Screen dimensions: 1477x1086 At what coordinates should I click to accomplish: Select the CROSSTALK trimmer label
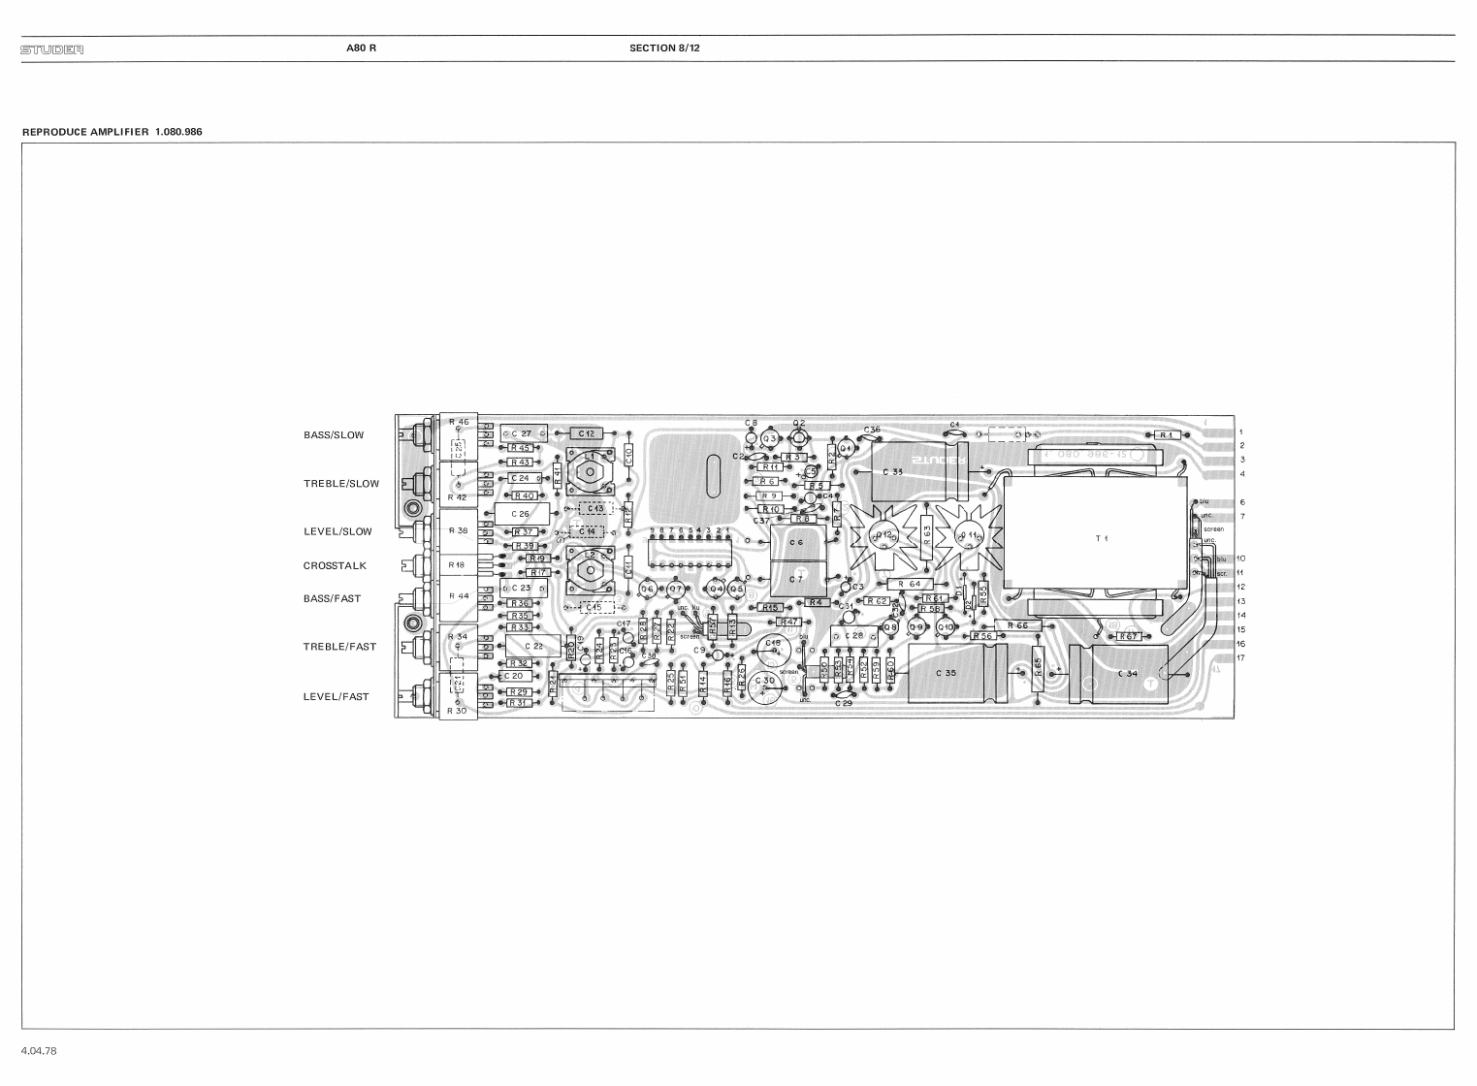point(335,565)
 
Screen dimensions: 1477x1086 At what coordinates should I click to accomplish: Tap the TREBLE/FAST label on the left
point(339,647)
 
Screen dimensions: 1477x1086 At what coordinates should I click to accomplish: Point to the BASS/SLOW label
point(333,435)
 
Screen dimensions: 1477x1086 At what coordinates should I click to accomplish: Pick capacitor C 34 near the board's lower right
point(1127,673)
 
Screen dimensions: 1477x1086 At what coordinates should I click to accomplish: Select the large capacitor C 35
point(946,673)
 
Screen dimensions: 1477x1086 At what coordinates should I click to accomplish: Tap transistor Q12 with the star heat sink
point(883,536)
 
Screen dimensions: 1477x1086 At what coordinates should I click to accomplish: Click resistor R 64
point(910,584)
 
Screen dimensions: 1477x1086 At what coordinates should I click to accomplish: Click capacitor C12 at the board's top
point(586,433)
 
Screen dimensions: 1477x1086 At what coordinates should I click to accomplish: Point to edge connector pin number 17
point(1240,658)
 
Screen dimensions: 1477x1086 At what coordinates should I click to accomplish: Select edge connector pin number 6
point(1241,502)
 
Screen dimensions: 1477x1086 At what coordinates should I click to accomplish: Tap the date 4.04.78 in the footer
point(39,1051)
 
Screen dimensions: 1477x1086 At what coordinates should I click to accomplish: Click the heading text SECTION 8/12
point(664,48)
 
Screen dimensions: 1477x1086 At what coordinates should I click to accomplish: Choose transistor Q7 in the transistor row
point(676,589)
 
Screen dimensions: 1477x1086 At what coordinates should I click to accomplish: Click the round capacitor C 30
point(768,683)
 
